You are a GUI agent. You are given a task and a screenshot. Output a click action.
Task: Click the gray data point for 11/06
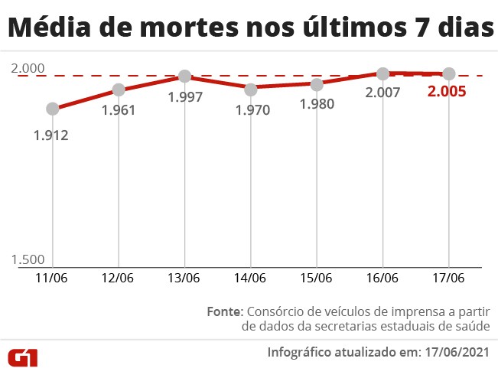[x=52, y=109]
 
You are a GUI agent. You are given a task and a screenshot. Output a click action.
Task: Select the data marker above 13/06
[x=184, y=77]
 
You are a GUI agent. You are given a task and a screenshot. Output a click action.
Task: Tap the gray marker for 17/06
[x=449, y=73]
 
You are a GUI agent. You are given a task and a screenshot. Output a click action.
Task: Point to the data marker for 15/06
[x=317, y=84]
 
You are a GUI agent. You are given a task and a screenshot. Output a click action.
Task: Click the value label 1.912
[x=50, y=136]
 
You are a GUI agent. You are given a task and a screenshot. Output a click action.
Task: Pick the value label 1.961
[x=118, y=109]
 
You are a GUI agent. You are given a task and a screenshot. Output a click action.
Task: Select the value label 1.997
[x=184, y=97]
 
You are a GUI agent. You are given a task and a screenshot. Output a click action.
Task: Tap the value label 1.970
[x=252, y=110]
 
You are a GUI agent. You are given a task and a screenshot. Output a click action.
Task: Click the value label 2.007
[x=382, y=93]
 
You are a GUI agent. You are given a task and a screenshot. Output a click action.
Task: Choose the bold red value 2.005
[x=447, y=93]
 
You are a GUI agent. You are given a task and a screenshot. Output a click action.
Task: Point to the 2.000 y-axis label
[x=28, y=69]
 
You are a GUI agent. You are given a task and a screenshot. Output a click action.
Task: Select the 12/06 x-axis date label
[x=118, y=278]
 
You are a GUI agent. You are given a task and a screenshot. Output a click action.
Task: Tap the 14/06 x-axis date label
[x=250, y=278]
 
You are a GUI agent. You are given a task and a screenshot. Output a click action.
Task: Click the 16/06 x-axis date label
[x=382, y=278]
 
